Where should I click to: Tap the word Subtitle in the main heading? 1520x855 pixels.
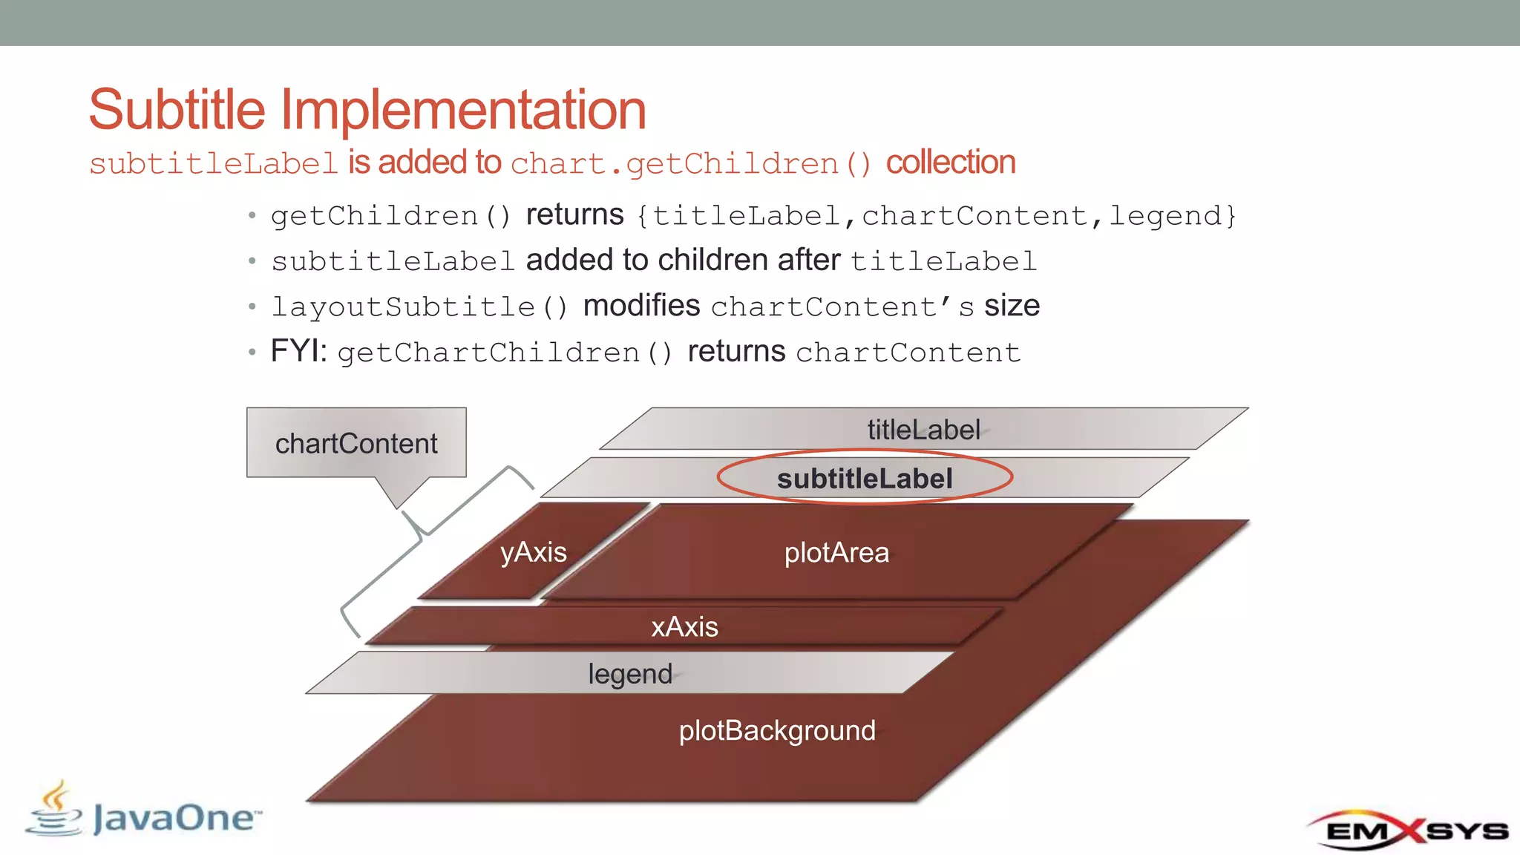177,110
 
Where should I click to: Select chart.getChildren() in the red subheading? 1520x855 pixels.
691,163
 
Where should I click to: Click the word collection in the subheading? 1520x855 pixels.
950,163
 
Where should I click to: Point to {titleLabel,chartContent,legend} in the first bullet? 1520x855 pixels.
937,216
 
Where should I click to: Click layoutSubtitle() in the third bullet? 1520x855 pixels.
419,307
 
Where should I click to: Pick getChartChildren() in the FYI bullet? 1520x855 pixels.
505,353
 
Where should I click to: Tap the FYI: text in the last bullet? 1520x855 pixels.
298,351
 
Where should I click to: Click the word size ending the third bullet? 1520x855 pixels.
1012,306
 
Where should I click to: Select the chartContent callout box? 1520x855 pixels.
356,443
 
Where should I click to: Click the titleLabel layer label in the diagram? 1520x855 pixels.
923,430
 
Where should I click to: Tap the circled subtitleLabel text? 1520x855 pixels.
865,479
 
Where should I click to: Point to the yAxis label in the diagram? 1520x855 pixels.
533,552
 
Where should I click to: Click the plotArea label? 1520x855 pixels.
836,553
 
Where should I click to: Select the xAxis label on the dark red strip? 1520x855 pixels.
684,627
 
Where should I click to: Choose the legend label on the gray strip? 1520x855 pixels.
629,674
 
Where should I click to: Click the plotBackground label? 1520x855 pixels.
777,731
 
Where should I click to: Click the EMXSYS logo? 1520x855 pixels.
1407,830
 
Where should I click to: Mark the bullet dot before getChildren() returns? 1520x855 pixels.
252,216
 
